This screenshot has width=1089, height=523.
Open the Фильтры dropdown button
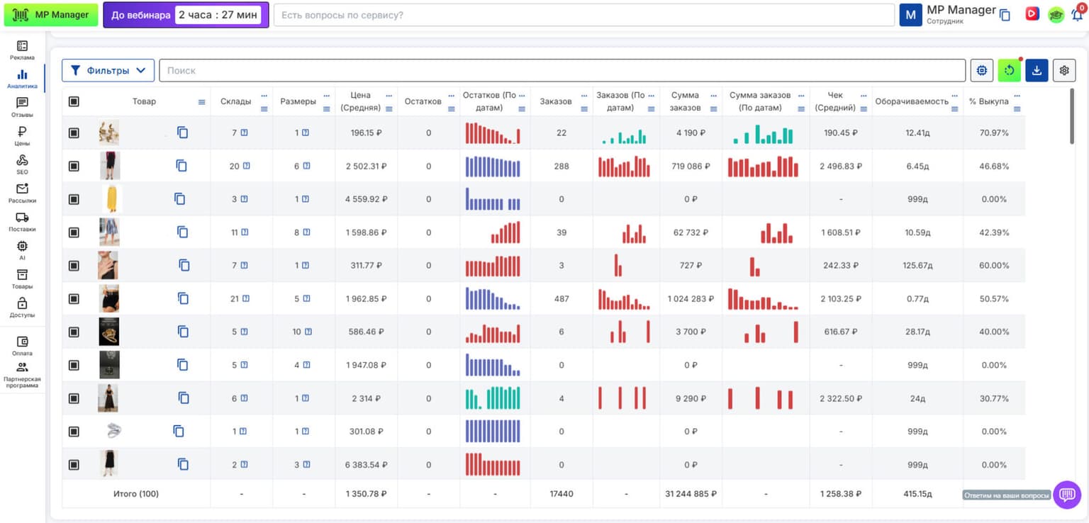click(x=108, y=70)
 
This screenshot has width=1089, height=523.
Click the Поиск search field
click(x=562, y=70)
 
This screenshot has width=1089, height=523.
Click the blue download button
click(x=1037, y=70)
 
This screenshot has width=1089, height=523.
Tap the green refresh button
click(x=1010, y=70)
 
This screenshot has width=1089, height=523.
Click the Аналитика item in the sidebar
click(x=23, y=78)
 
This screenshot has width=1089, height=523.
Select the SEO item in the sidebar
click(x=23, y=164)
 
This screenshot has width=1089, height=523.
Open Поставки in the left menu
click(x=23, y=222)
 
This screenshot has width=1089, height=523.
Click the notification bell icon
click(x=1078, y=15)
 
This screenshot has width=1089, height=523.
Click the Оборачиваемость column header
click(x=912, y=101)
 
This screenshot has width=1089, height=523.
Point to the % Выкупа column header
click(x=988, y=101)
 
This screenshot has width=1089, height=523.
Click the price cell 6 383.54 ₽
click(x=366, y=465)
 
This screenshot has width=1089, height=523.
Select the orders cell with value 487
click(x=562, y=298)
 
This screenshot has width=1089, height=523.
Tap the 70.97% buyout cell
click(x=994, y=133)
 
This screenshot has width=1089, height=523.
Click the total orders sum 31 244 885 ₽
click(x=691, y=494)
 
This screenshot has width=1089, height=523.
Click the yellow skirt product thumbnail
click(x=112, y=199)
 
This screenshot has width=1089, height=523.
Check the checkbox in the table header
click(x=74, y=101)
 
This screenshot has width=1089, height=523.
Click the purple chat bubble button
click(x=1067, y=495)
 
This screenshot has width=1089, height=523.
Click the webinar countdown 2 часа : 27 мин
click(x=218, y=15)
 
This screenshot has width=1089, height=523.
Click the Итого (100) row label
click(x=136, y=494)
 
